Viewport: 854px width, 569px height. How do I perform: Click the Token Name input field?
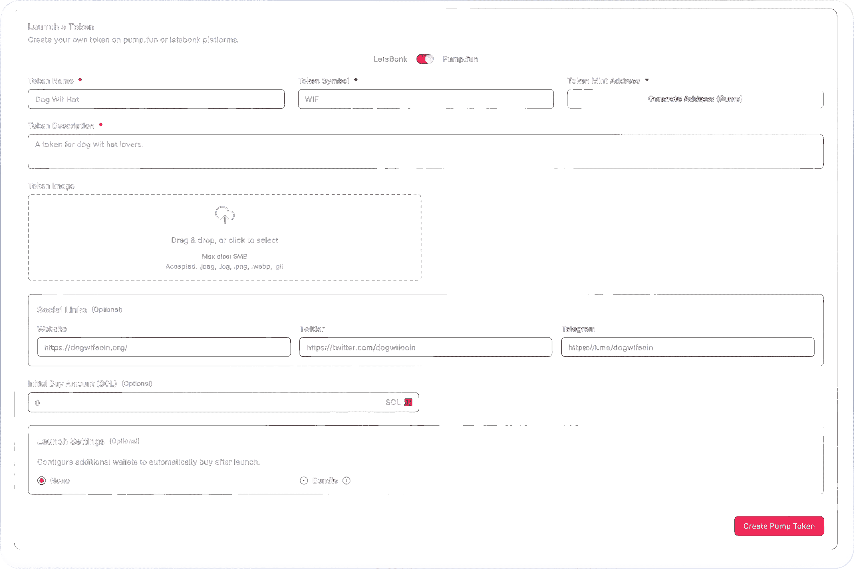point(156,99)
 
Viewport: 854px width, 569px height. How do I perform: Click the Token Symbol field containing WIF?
point(425,99)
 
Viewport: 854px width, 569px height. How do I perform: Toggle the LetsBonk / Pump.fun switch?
point(425,59)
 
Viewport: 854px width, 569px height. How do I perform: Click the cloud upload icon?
point(225,215)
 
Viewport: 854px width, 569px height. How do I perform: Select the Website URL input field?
point(164,347)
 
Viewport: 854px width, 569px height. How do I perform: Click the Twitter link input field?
point(425,347)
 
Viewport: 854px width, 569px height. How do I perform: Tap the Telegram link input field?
point(688,347)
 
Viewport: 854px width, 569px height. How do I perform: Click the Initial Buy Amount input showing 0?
point(207,402)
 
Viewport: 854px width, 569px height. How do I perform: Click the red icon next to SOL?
point(408,402)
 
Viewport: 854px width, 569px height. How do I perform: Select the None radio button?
point(42,481)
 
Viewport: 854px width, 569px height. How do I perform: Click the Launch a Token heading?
point(61,27)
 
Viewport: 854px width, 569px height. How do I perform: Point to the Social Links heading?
point(62,310)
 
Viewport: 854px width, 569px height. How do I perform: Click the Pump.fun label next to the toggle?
point(460,59)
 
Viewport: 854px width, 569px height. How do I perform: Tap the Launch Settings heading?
point(71,441)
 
